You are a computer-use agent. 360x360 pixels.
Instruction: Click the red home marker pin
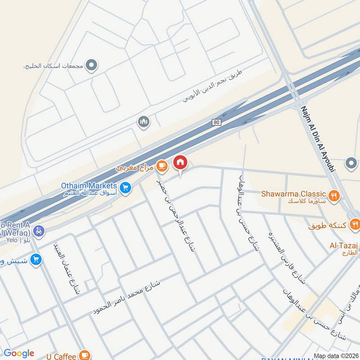click(x=180, y=162)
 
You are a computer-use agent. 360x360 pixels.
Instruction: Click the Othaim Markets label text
click(x=89, y=185)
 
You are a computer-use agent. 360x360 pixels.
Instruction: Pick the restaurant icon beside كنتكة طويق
click(x=355, y=224)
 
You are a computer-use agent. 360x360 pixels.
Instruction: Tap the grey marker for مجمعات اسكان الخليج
click(x=91, y=66)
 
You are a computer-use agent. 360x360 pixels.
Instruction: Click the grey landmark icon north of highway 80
click(x=144, y=122)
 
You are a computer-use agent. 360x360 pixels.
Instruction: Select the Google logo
click(x=19, y=353)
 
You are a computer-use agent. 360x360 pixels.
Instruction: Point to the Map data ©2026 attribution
click(x=336, y=355)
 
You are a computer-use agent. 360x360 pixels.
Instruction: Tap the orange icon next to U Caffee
click(x=84, y=356)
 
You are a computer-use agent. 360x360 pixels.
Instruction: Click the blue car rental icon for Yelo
click(x=39, y=231)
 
